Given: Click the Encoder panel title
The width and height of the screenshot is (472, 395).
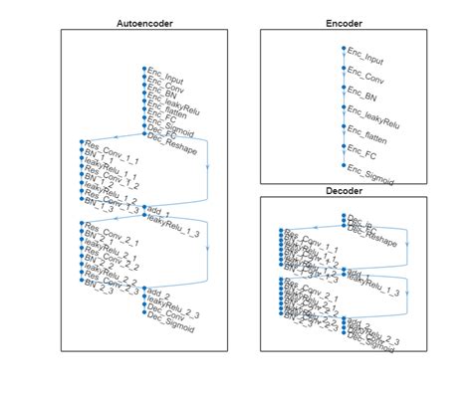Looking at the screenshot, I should (344, 22).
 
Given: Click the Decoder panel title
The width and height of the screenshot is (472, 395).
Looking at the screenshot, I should (344, 190).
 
